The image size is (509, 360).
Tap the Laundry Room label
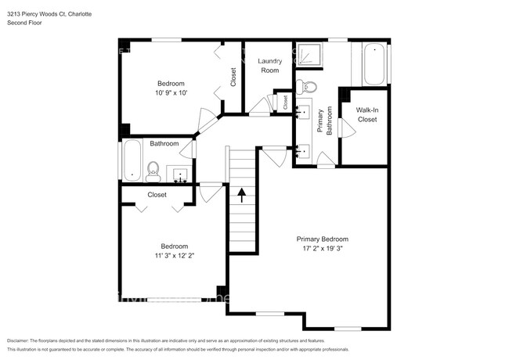click(x=269, y=65)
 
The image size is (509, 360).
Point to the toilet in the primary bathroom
click(x=309, y=86)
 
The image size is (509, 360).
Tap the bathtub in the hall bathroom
click(x=131, y=160)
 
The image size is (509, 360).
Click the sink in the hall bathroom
click(x=181, y=174)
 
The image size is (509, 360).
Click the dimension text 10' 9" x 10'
click(x=171, y=93)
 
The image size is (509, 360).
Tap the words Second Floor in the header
click(x=25, y=22)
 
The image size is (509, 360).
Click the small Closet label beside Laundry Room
click(x=286, y=101)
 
